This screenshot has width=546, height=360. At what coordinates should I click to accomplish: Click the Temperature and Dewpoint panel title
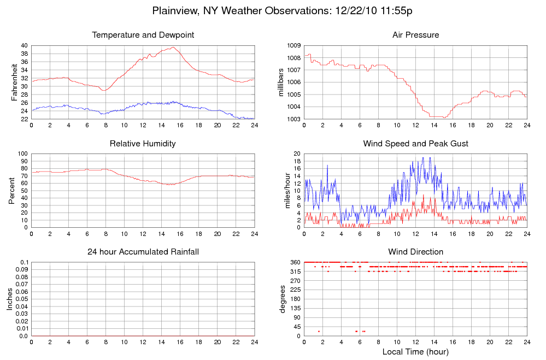pos(143,35)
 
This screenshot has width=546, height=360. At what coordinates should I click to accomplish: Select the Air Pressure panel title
pos(415,35)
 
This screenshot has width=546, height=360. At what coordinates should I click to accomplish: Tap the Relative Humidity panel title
pos(143,144)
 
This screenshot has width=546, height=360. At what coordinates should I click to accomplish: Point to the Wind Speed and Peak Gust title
pos(415,144)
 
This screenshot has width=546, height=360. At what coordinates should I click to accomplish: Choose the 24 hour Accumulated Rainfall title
pos(143,252)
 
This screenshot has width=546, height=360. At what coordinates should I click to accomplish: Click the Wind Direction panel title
pos(415,252)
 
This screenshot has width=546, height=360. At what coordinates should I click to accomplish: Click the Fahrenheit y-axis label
pos(14,82)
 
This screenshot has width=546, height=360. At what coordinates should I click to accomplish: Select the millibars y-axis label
pos(281,82)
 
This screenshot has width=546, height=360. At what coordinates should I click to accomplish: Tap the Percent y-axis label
pos(12,191)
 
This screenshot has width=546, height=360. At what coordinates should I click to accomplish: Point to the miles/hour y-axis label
pos(281,191)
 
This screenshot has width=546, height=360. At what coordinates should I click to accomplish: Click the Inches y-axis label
pos(9,299)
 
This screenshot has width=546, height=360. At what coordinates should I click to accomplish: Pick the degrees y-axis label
pos(283,299)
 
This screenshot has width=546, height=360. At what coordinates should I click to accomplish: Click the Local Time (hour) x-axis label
pos(415,351)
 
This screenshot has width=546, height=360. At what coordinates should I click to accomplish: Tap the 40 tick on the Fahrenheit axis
pos(24,45)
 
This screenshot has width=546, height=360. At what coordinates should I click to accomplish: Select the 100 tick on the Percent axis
pos(22,154)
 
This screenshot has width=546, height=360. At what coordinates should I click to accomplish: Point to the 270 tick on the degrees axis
pos(296,281)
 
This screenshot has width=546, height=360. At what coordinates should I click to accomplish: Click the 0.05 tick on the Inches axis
pos(21,299)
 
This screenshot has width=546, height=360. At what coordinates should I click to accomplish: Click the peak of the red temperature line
pos(173,47)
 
